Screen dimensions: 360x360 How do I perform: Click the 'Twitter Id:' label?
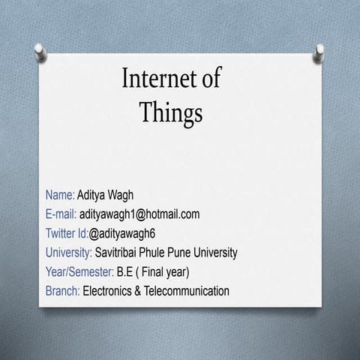pyautogui.click(x=67, y=232)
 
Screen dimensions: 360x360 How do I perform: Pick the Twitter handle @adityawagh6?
pyautogui.click(x=121, y=232)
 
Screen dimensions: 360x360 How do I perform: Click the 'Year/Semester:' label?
pyautogui.click(x=80, y=271)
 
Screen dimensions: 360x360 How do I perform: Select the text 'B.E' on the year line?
pyautogui.click(x=125, y=271)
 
